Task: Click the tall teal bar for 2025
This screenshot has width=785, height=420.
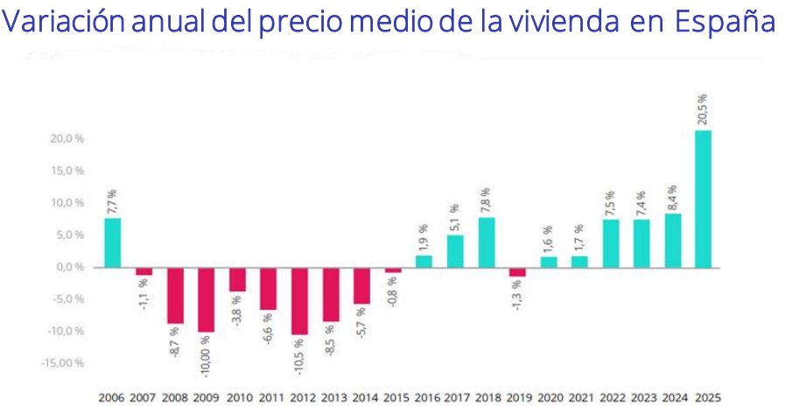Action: tap(703, 199)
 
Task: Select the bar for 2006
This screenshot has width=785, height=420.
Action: tap(113, 242)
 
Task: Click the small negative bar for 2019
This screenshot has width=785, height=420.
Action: tap(517, 271)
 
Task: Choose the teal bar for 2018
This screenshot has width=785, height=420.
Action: tap(487, 242)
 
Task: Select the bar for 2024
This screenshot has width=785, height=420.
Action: tap(672, 241)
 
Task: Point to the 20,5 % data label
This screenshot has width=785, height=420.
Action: tap(702, 109)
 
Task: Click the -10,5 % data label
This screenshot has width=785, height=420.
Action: tap(299, 358)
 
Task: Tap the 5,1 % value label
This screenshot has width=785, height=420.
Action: tap(455, 215)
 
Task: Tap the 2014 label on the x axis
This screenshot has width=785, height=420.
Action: tap(362, 397)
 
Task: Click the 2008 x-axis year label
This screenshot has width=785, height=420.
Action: tap(175, 397)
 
